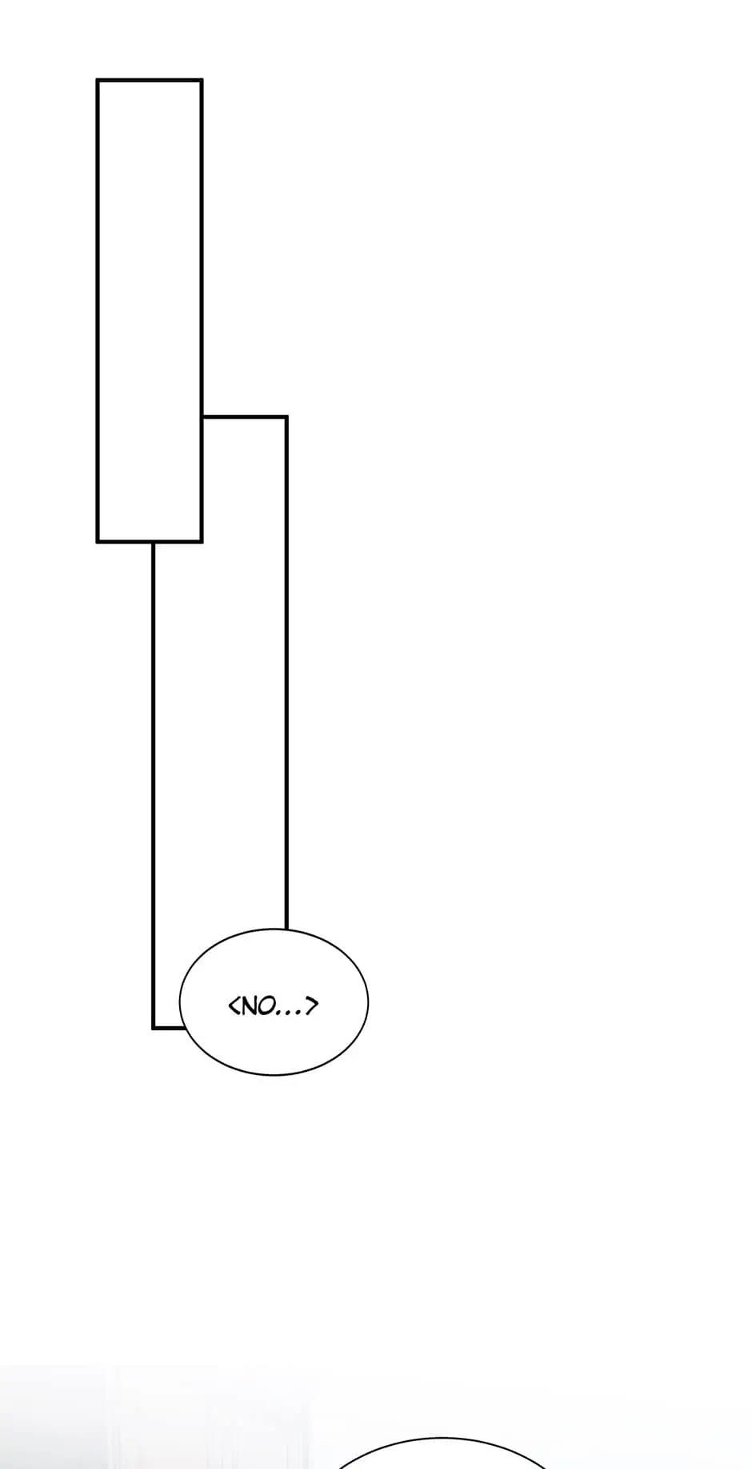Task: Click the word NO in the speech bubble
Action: pos(257,1005)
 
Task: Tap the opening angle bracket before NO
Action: pos(234,1005)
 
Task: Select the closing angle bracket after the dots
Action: pos(312,1005)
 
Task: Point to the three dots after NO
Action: pos(290,1012)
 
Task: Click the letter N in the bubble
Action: pos(249,1005)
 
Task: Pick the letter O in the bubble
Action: pos(266,1005)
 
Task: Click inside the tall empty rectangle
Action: pos(150,311)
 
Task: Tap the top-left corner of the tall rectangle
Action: pos(98,80)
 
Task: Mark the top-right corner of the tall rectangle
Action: pos(202,80)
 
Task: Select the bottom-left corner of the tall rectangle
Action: pos(98,542)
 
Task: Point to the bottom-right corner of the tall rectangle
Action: pos(202,542)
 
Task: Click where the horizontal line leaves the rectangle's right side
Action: pos(202,416)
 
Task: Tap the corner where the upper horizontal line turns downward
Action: pos(286,416)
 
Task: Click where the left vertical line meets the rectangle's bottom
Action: pos(154,543)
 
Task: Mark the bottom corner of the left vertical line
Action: pos(154,1028)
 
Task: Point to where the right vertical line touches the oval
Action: pos(286,930)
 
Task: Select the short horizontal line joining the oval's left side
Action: pos(169,1028)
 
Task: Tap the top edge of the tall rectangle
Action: pos(150,80)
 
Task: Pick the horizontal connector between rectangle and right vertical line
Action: pos(244,416)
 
